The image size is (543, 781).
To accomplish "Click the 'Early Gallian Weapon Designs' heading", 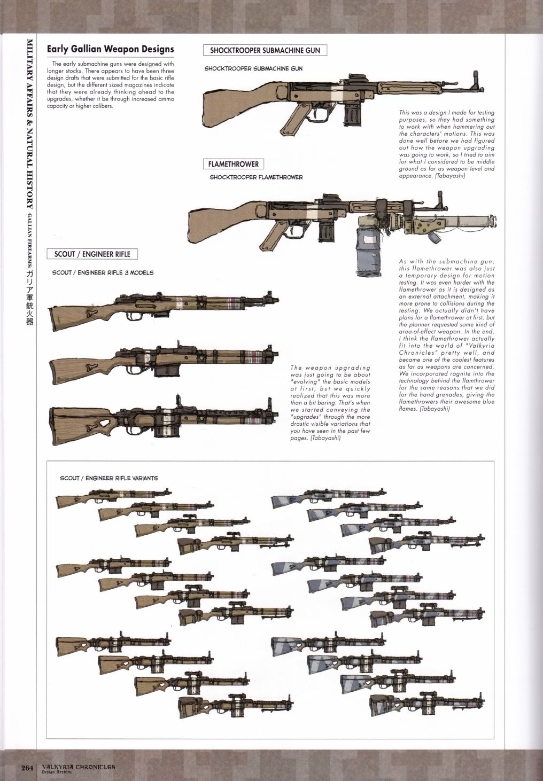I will (x=110, y=49).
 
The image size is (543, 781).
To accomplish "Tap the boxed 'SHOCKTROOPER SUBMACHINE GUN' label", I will (x=265, y=50).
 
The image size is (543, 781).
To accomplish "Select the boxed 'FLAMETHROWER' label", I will (x=234, y=164).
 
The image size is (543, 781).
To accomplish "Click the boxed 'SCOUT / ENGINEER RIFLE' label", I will (x=92, y=254).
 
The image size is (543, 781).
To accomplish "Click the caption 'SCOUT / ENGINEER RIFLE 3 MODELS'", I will (x=103, y=272).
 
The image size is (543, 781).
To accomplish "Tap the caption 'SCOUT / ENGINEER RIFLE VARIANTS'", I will (x=108, y=478).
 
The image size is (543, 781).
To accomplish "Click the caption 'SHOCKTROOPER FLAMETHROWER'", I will (x=256, y=177).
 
